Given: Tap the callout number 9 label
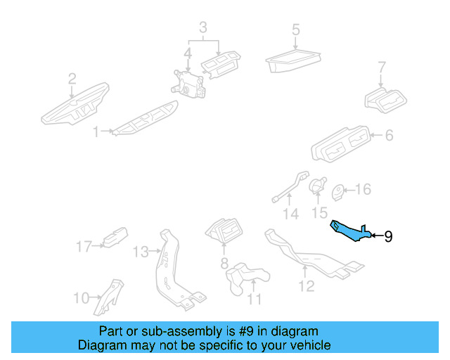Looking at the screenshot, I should point(387,236).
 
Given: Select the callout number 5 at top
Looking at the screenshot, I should point(296,30).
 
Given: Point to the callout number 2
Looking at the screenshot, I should point(72,79).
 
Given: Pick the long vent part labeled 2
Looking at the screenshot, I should point(74,105).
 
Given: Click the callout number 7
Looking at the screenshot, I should point(382,68).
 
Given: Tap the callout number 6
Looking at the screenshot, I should point(388,136).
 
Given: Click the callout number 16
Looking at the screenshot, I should point(362,190).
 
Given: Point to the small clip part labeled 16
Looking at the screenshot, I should point(339,191).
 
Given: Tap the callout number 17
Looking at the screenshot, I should point(84,246).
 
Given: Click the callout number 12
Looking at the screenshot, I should point(306,285).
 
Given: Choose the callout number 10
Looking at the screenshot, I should point(81,298).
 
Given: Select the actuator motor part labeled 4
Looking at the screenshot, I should point(187,80).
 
